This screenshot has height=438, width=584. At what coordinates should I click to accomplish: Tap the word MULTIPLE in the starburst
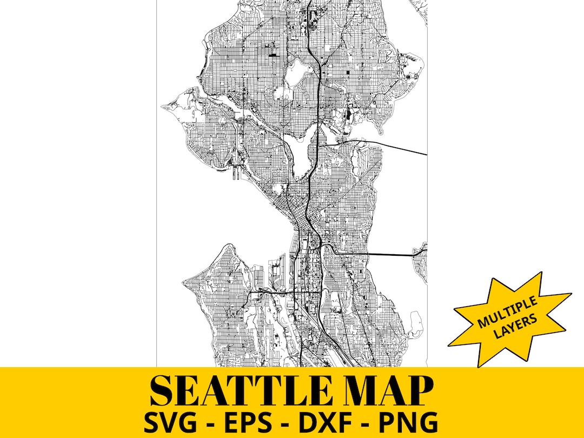(506, 312)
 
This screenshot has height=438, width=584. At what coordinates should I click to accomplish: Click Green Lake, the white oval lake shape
(295, 72)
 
